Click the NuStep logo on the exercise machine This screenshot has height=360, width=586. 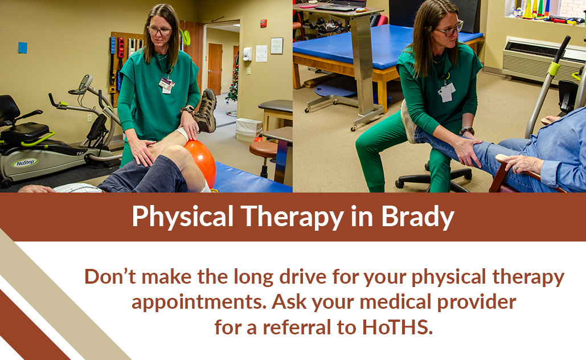[25, 163]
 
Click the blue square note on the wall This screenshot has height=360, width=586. [23, 47]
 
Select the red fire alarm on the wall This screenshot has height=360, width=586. [264, 23]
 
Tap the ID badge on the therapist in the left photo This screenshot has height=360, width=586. [166, 85]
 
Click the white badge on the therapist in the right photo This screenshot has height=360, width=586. [446, 92]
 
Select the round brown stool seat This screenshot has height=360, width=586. [264, 149]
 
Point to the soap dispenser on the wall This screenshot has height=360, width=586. [247, 54]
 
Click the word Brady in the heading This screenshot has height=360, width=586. [417, 217]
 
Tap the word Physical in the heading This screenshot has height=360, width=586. [183, 217]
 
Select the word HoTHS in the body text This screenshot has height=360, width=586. [398, 327]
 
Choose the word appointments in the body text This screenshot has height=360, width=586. [199, 302]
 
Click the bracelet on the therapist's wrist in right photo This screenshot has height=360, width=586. [467, 131]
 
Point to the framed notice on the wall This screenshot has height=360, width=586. [277, 46]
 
